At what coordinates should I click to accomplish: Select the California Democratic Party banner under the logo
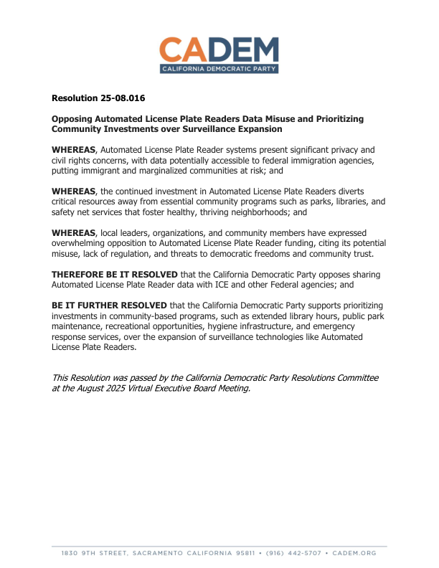[x=219, y=68]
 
